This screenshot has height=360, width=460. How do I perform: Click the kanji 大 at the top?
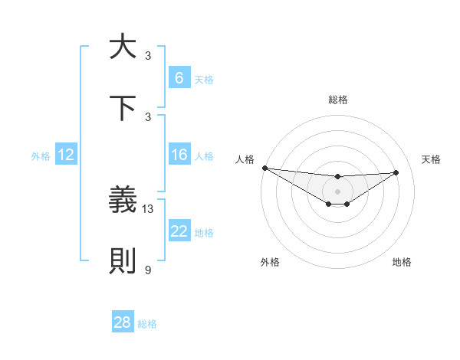123,47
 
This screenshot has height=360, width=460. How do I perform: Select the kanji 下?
123,108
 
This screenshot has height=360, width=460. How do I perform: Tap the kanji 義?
123,201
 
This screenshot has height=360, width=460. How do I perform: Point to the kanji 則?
123,261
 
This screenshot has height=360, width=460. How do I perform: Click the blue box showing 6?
179,78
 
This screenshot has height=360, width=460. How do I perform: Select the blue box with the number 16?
179,155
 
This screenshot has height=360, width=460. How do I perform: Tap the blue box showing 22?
179,232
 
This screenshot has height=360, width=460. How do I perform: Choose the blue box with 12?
65,155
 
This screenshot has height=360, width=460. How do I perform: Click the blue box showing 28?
123,322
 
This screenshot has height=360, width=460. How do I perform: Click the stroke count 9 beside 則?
148,270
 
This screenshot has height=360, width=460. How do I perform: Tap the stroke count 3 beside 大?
148,56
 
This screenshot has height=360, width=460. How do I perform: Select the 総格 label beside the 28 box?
147,324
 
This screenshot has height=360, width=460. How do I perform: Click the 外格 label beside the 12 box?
41,156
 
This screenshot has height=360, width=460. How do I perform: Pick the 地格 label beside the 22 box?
204,233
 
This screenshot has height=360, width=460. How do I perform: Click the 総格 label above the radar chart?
337,100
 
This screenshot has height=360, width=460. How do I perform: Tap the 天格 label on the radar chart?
431,159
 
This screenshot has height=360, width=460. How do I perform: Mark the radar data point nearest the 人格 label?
264,168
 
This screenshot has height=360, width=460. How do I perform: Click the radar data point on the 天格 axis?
396,172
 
